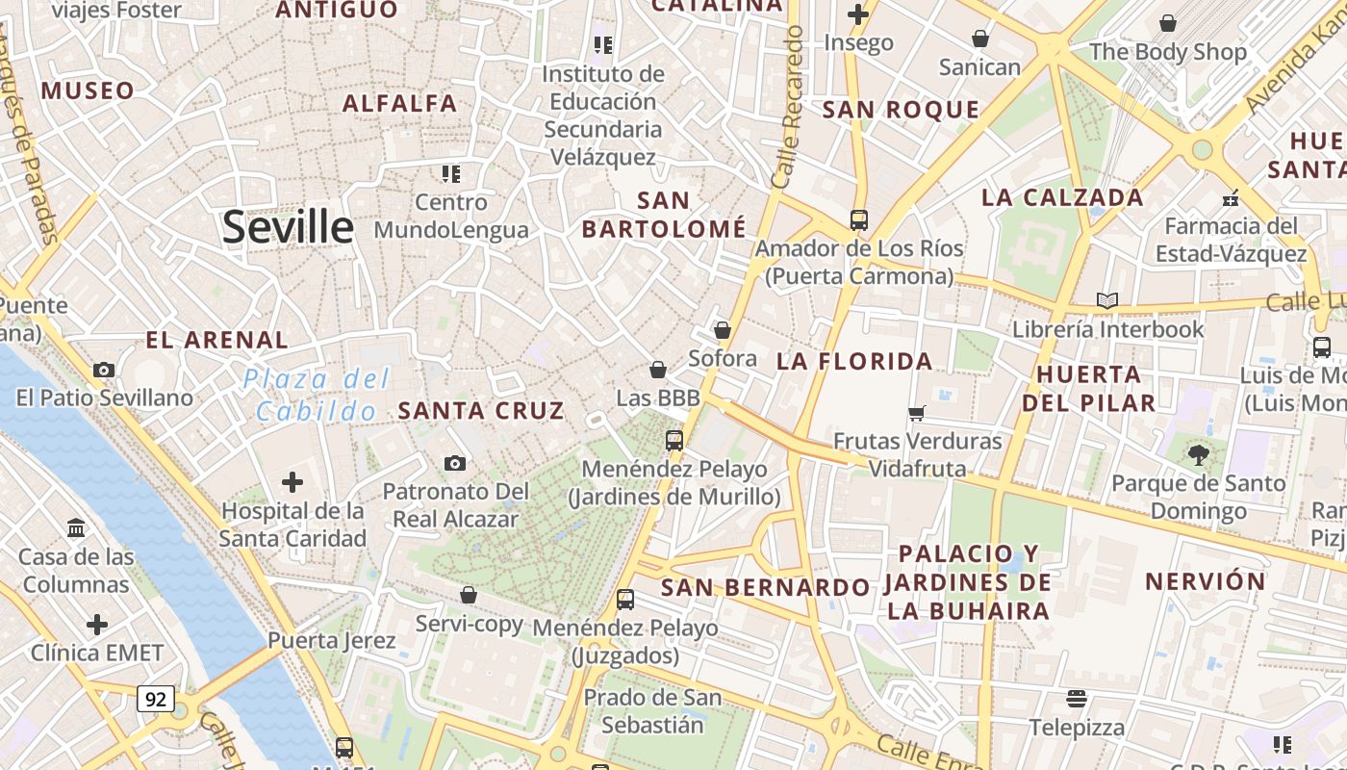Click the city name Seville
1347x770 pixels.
click(x=288, y=227)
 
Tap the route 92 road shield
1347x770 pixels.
click(x=155, y=698)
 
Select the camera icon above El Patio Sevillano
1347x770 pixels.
click(x=104, y=370)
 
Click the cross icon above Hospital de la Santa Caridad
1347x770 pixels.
click(x=292, y=482)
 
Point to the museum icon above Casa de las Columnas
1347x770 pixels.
click(x=76, y=528)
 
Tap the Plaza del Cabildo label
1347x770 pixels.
click(x=317, y=395)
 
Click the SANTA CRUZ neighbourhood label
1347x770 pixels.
click(x=481, y=410)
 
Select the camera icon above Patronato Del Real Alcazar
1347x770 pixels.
click(x=455, y=464)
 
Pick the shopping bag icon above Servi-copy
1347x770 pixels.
click(x=469, y=595)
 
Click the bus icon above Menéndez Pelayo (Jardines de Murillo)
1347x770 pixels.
click(x=674, y=441)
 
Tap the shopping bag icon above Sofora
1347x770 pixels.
click(x=723, y=330)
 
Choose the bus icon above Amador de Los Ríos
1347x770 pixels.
click(x=859, y=220)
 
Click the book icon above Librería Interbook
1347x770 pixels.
click(x=1107, y=300)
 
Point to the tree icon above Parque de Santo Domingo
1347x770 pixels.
click(x=1198, y=454)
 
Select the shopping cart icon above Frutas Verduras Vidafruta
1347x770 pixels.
click(x=917, y=413)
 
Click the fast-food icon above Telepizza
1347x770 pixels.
click(x=1077, y=698)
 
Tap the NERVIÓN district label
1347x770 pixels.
click(x=1205, y=581)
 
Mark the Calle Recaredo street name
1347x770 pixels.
click(x=787, y=106)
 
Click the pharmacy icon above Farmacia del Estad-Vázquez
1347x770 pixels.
click(x=1230, y=198)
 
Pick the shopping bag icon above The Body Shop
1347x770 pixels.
click(x=1168, y=23)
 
